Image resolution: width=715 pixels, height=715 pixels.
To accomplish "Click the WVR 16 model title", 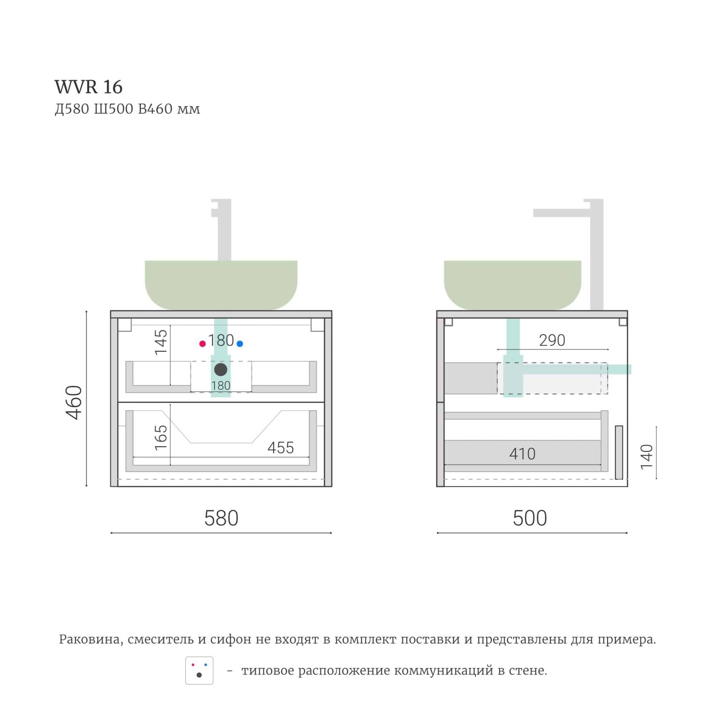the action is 89,87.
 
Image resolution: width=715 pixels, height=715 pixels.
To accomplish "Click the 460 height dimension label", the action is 74,402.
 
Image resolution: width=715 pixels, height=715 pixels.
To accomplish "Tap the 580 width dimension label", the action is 221,518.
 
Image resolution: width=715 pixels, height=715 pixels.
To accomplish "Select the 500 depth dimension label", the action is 530,518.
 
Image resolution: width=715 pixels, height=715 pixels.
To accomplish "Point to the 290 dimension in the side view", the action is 552,340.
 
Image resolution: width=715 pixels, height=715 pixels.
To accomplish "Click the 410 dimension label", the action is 522,454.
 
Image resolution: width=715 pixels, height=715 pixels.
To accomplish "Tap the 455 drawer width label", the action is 280,448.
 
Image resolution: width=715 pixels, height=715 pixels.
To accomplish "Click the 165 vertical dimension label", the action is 161,437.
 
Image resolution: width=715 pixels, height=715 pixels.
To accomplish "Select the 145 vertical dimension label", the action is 161,342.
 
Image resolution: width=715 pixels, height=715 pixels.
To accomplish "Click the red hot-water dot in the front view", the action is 203,344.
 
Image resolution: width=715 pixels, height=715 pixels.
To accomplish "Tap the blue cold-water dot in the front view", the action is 240,344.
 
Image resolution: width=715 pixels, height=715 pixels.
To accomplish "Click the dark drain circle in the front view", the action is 221,369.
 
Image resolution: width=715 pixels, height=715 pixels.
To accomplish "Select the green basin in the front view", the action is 221,285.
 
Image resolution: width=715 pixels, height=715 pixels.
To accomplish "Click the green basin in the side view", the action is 513,285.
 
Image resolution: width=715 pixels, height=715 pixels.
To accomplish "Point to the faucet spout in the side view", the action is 561,213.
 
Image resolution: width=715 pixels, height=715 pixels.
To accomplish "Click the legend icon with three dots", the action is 199,671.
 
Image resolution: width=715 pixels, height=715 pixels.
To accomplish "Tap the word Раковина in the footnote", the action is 90,640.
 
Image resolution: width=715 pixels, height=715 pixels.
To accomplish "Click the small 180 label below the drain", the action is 221,386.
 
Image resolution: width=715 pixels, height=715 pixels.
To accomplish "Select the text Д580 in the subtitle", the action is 72,109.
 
